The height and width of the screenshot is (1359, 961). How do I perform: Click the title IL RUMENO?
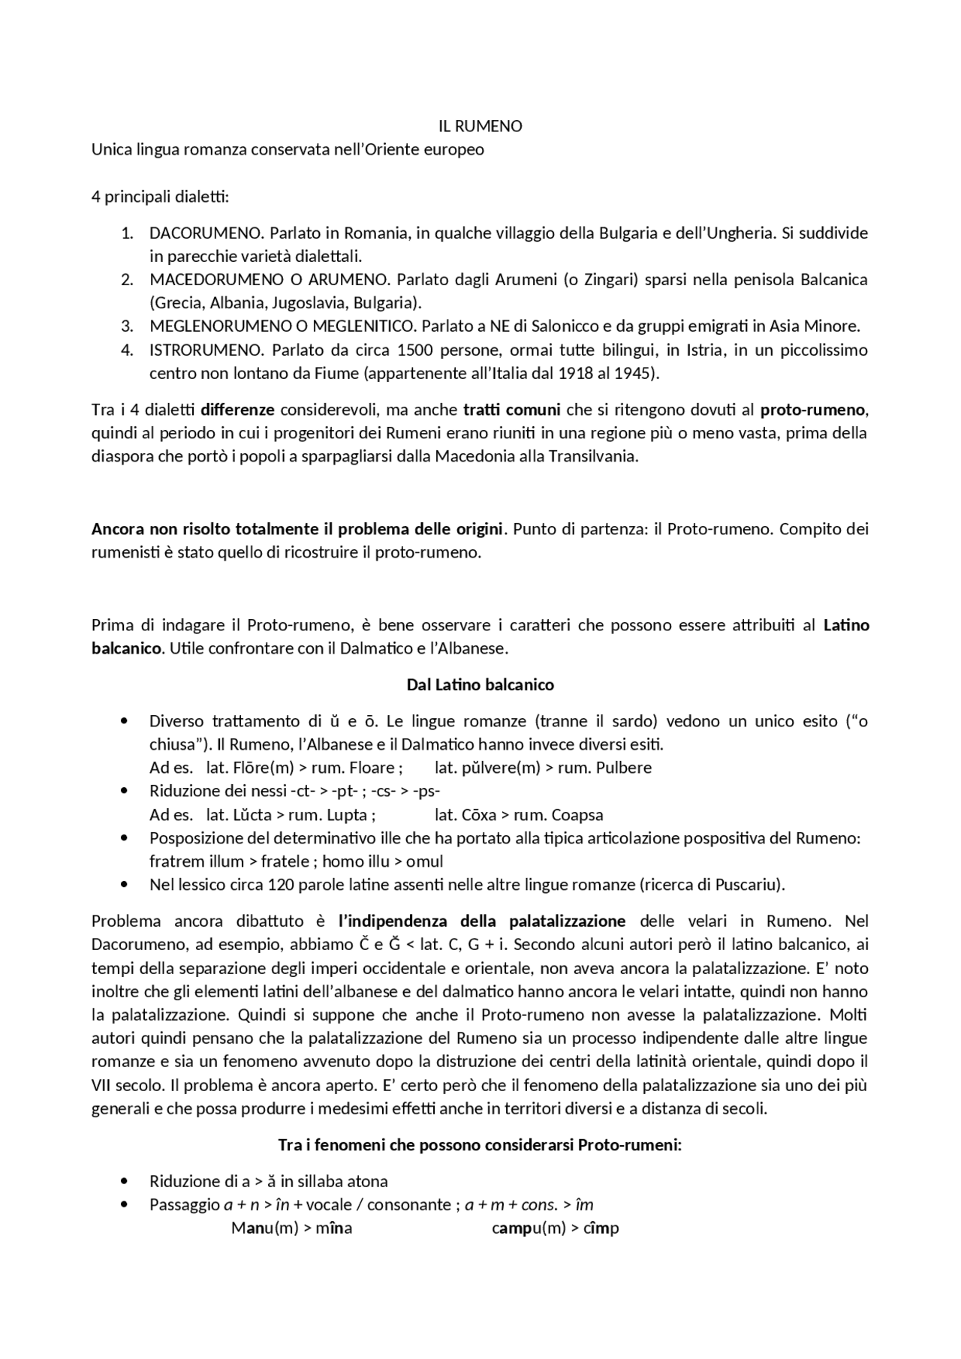(x=480, y=126)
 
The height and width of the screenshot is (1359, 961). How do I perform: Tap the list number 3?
(x=128, y=326)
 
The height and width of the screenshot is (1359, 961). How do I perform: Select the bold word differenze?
(x=237, y=410)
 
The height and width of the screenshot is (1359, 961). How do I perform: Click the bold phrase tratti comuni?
(x=512, y=410)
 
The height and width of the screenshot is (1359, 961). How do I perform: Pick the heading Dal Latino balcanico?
(x=480, y=684)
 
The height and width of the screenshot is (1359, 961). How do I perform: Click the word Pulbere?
(x=621, y=768)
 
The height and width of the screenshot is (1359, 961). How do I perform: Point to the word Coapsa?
(x=577, y=815)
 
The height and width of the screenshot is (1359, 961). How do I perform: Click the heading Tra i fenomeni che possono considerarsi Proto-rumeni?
(x=480, y=1145)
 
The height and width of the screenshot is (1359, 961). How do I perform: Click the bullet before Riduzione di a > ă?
(x=125, y=1182)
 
